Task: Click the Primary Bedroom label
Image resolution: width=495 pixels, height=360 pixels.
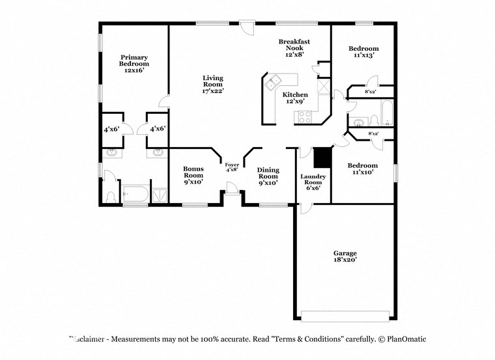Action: pyautogui.click(x=134, y=64)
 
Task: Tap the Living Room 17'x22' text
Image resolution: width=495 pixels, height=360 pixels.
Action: pyautogui.click(x=212, y=85)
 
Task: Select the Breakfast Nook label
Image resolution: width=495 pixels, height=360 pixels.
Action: pyautogui.click(x=294, y=48)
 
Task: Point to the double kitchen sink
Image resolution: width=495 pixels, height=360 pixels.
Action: pyautogui.click(x=273, y=81)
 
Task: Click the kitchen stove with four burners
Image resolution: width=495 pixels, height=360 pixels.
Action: pyautogui.click(x=304, y=117)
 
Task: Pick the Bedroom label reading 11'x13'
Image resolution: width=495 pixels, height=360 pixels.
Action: pyautogui.click(x=363, y=52)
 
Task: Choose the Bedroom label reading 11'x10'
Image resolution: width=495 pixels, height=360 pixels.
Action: pyautogui.click(x=363, y=169)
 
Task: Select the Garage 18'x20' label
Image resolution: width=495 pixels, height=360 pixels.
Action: pyautogui.click(x=345, y=256)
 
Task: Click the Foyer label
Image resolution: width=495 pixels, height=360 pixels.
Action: pyautogui.click(x=232, y=167)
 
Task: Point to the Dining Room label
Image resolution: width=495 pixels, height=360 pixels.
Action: pyautogui.click(x=268, y=176)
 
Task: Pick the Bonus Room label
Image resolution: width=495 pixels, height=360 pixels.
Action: pyautogui.click(x=193, y=175)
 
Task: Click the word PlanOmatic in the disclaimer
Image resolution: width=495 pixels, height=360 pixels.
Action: pyautogui.click(x=403, y=339)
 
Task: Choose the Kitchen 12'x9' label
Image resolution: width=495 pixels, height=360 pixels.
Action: pyautogui.click(x=295, y=98)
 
